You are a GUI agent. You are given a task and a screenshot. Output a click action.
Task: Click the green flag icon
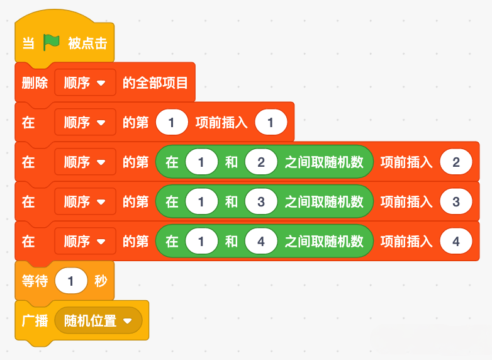coord(51,42)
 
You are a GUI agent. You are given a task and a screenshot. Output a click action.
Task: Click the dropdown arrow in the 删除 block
coord(101,83)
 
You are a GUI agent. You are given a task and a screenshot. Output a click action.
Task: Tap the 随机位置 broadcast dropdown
coord(98,320)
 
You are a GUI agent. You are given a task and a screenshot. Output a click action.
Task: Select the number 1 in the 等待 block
coord(71,281)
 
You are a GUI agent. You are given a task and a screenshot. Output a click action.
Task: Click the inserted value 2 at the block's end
coord(456,162)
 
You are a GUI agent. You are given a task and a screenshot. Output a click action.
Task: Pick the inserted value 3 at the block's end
coord(456,201)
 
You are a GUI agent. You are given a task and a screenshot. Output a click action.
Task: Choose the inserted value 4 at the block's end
coord(456,241)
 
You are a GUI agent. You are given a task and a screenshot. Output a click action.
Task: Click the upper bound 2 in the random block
coord(261,162)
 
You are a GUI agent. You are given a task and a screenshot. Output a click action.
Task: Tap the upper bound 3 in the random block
coord(261,201)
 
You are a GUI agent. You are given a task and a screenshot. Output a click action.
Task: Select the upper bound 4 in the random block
coord(261,241)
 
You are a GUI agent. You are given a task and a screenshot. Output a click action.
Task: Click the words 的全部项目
coord(155,83)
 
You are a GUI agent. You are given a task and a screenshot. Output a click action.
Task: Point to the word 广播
coord(35,320)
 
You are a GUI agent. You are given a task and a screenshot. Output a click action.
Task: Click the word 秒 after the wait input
coord(101,281)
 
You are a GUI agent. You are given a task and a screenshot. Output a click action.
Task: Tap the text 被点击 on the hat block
coord(87,43)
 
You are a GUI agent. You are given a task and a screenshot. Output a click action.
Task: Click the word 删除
coord(35,83)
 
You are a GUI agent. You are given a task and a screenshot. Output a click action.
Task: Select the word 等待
coord(35,281)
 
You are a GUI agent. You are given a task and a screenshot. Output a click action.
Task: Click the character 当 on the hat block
coord(28,43)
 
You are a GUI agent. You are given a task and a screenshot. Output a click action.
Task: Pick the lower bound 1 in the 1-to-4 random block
coord(201,241)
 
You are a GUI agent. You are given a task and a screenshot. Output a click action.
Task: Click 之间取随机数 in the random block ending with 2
coord(324,162)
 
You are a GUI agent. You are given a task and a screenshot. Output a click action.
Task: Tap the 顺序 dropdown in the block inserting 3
coord(85,201)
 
